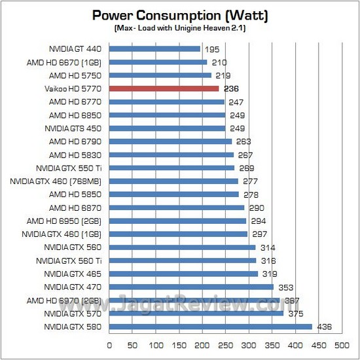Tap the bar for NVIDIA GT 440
coord(154,48)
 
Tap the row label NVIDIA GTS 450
coord(73,128)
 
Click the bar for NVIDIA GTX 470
coord(191,287)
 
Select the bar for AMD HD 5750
coord(160,75)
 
